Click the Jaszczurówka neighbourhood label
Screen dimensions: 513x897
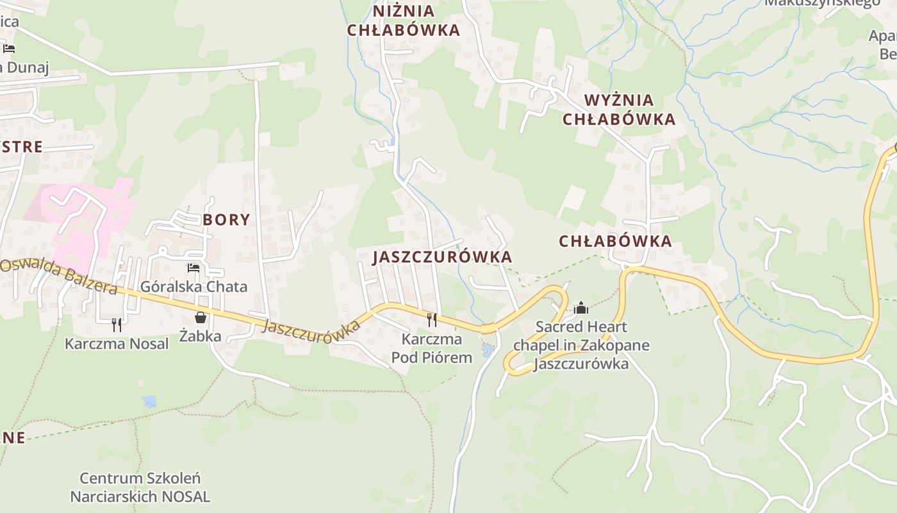tap(443, 257)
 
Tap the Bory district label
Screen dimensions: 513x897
tap(226, 220)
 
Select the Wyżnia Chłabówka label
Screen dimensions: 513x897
tap(619, 110)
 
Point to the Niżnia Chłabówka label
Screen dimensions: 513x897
tap(404, 21)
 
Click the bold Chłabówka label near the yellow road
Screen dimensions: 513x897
tap(615, 241)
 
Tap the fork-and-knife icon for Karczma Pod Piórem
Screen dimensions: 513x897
tap(432, 319)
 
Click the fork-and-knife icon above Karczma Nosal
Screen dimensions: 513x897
tap(116, 324)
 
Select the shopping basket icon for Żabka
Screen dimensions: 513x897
tap(201, 317)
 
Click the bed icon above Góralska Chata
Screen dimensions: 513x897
tap(193, 267)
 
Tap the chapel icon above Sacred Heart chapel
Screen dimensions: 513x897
tap(581, 308)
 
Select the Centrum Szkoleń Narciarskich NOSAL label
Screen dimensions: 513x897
tap(140, 487)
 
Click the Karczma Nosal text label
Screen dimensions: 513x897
tap(117, 344)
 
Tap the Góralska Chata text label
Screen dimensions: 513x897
tap(193, 286)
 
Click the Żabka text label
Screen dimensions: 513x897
tap(200, 336)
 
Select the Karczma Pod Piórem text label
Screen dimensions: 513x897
tap(432, 348)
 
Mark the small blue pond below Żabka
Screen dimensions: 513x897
tap(149, 401)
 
